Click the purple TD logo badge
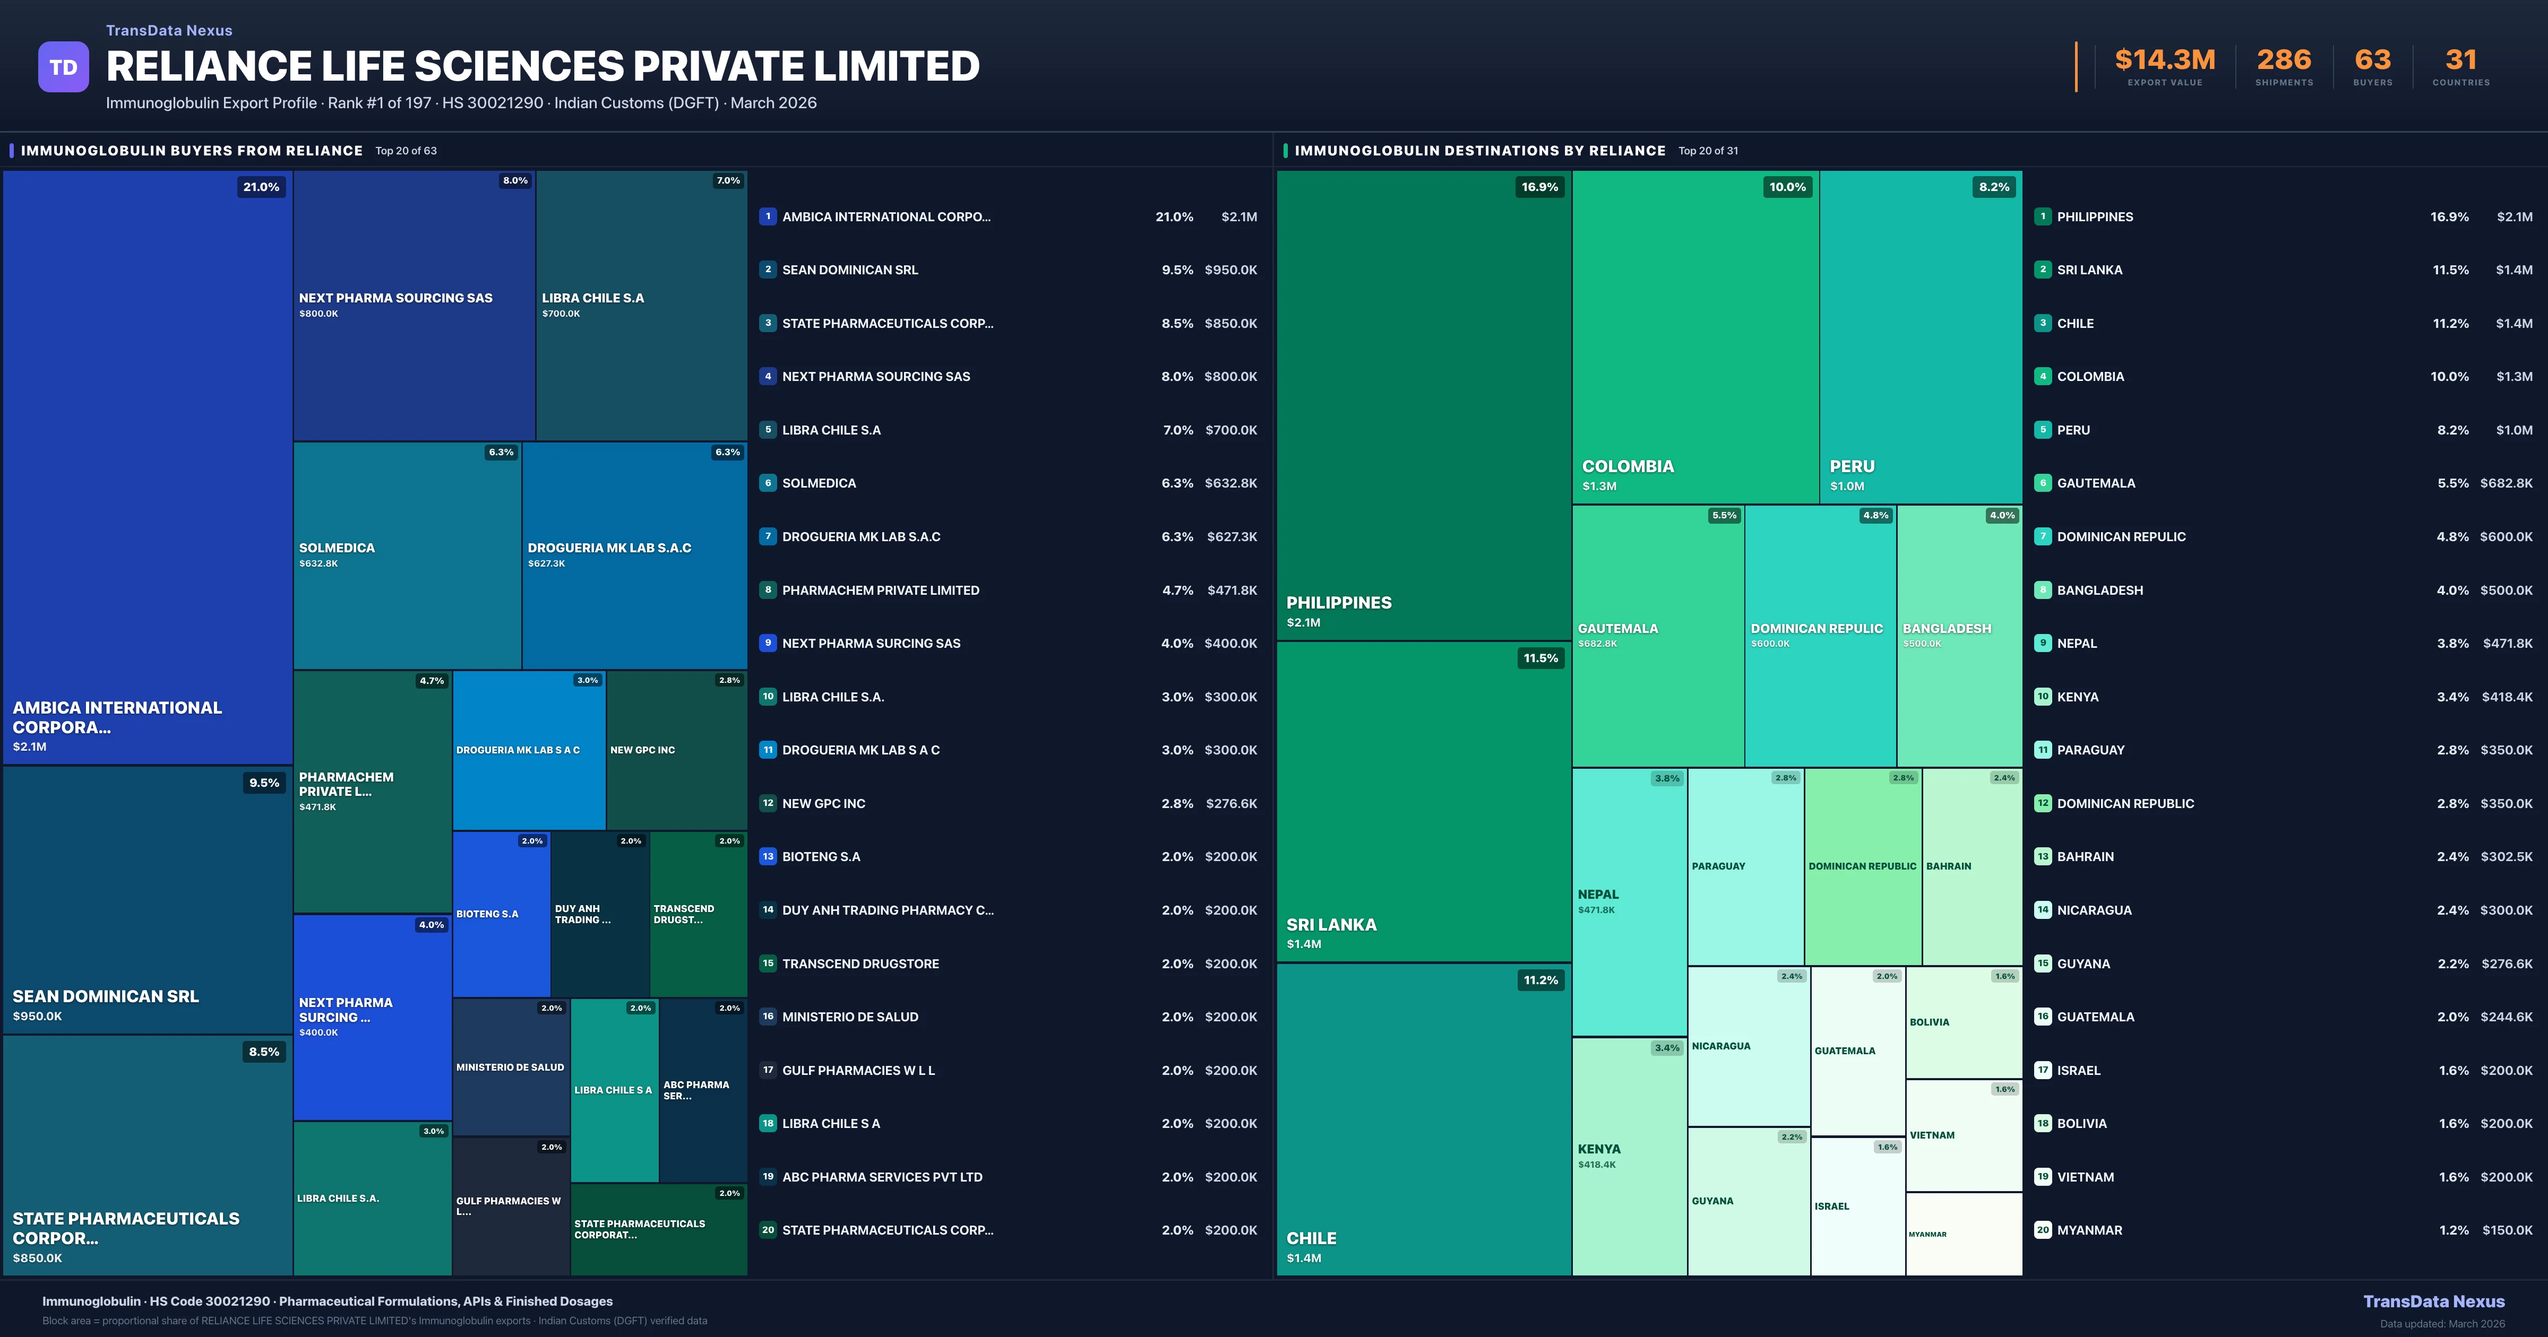(63, 67)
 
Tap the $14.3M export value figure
(2164, 60)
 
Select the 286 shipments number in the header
(2284, 60)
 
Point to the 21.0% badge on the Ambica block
(261, 187)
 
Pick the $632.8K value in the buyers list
(1230, 483)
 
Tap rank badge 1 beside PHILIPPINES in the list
(2043, 216)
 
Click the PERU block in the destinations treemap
(1920, 336)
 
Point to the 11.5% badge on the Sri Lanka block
(1540, 658)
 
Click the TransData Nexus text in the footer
(2433, 1301)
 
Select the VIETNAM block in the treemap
(1964, 1135)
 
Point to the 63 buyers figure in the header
(2372, 60)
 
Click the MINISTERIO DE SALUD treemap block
(510, 1067)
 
